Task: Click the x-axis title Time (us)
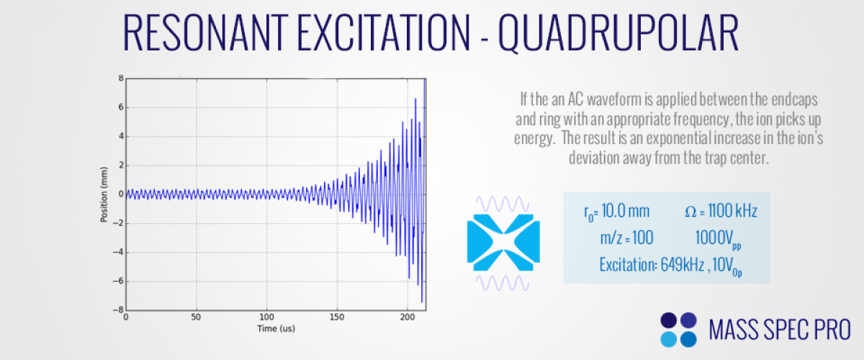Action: click(276, 328)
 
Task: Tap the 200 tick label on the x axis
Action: click(408, 317)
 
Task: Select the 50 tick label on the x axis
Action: click(197, 317)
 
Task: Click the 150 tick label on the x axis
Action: click(337, 317)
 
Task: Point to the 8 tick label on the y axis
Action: click(121, 78)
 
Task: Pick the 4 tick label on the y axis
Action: click(121, 136)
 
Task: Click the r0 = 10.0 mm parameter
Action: click(616, 211)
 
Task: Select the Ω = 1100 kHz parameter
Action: click(721, 211)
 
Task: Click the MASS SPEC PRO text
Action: click(780, 330)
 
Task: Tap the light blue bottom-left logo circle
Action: click(669, 338)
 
